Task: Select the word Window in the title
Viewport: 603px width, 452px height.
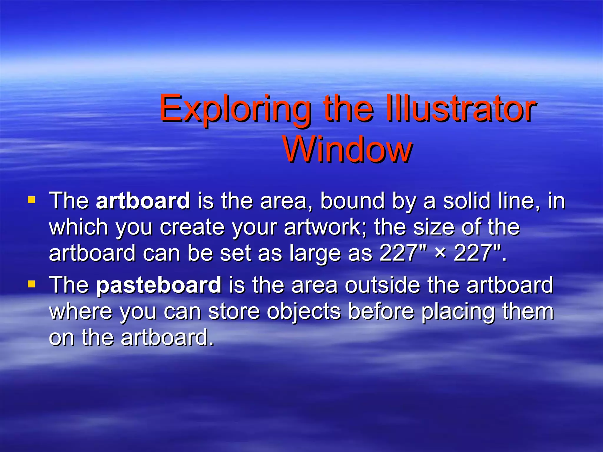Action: [347, 150]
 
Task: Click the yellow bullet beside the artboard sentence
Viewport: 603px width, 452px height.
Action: [31, 200]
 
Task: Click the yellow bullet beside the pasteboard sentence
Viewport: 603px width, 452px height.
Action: [31, 284]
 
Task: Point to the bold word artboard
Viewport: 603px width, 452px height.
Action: [143, 201]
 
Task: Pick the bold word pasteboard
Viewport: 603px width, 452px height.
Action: [158, 285]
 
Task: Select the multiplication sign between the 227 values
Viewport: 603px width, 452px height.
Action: [440, 252]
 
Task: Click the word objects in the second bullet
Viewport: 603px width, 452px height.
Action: [303, 312]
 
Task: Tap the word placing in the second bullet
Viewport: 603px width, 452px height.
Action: [458, 312]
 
